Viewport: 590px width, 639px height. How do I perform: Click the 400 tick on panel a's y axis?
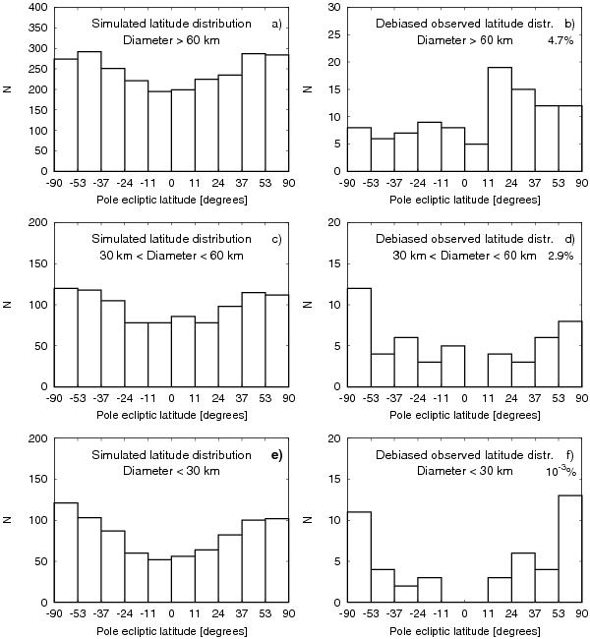click(34, 8)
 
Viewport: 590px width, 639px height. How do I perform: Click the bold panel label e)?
click(276, 454)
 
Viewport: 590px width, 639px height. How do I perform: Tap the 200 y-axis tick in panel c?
click(34, 223)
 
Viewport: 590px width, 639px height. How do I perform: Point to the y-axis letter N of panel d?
click(308, 304)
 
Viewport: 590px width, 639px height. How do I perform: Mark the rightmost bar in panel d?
click(569, 353)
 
